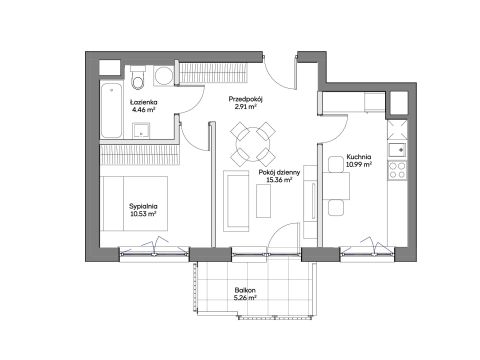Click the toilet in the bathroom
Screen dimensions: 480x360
[x=138, y=78]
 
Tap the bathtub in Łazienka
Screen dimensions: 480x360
[x=111, y=110]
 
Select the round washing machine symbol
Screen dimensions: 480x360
[x=163, y=76]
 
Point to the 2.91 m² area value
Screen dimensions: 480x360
[x=245, y=107]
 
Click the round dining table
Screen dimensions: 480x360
[x=253, y=144]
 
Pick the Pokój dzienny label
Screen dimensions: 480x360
[x=279, y=172]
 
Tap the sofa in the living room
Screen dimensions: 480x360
[x=236, y=201]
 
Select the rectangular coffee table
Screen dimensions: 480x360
[x=263, y=201]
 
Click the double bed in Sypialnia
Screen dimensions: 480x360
[x=135, y=203]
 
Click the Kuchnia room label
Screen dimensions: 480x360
[x=359, y=157]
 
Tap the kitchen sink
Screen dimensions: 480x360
[x=397, y=150]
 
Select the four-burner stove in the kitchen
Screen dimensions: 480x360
[x=397, y=170]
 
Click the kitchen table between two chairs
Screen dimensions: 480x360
[x=336, y=186]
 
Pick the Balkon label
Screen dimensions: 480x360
[x=245, y=290]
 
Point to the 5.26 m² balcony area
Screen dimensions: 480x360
[x=245, y=298]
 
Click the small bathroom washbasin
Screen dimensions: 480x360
[x=141, y=130]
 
